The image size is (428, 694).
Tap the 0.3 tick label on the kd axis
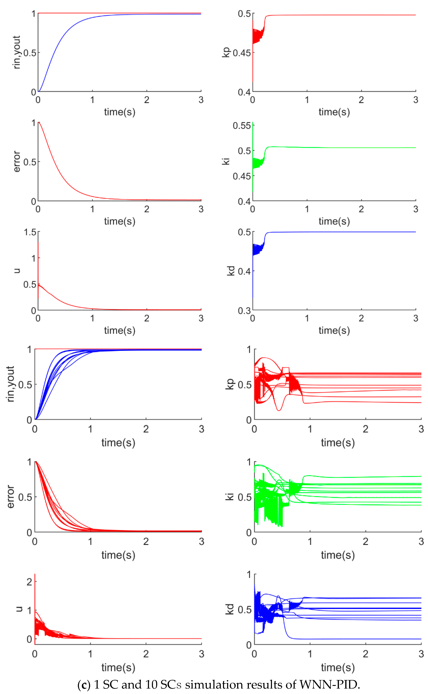click(x=244, y=311)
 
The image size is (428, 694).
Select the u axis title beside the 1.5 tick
click(x=17, y=271)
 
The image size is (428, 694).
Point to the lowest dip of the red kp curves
click(x=279, y=410)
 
